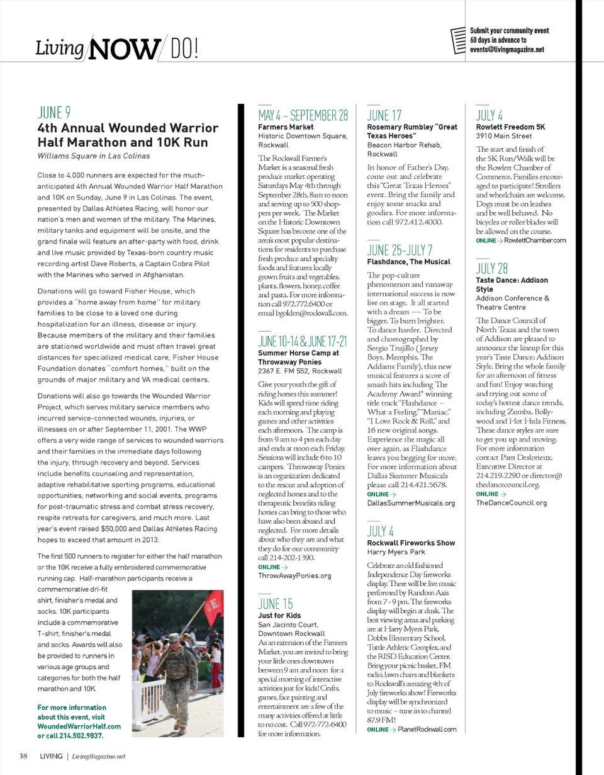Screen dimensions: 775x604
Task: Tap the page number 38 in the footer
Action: click(x=23, y=755)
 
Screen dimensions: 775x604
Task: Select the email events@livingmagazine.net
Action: click(x=506, y=50)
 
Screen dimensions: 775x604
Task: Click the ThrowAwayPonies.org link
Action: click(x=294, y=575)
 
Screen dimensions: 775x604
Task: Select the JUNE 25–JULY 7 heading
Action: click(x=399, y=250)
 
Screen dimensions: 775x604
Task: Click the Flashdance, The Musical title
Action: click(x=408, y=261)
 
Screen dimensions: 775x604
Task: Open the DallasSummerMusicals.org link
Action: click(x=410, y=503)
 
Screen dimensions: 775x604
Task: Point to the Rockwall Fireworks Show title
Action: click(x=411, y=543)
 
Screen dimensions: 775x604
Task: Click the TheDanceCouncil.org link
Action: click(x=511, y=502)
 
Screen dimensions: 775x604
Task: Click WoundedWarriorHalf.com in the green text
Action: click(x=79, y=726)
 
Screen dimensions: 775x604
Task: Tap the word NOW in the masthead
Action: click(x=123, y=48)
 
